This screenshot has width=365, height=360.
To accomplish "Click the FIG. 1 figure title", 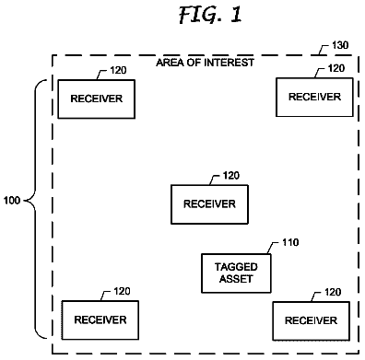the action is click(210, 15).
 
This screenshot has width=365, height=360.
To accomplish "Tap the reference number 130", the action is click(340, 45).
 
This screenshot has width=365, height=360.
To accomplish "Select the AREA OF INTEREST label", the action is click(206, 63).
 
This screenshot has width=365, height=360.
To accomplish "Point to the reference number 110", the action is click(290, 242).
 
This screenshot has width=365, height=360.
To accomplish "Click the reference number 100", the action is click(12, 201).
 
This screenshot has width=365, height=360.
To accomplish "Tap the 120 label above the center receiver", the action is click(231, 176).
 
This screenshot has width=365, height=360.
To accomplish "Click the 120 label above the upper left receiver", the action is click(118, 70).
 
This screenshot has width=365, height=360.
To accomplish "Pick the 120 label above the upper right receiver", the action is click(336, 68).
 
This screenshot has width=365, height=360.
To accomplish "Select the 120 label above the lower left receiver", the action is click(122, 291).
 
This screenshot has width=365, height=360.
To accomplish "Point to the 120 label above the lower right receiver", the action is click(333, 292).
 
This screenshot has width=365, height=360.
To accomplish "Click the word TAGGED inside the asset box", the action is click(236, 267).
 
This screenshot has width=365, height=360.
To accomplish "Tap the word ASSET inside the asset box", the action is click(236, 279).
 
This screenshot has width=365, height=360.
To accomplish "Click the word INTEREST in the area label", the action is click(230, 63).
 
